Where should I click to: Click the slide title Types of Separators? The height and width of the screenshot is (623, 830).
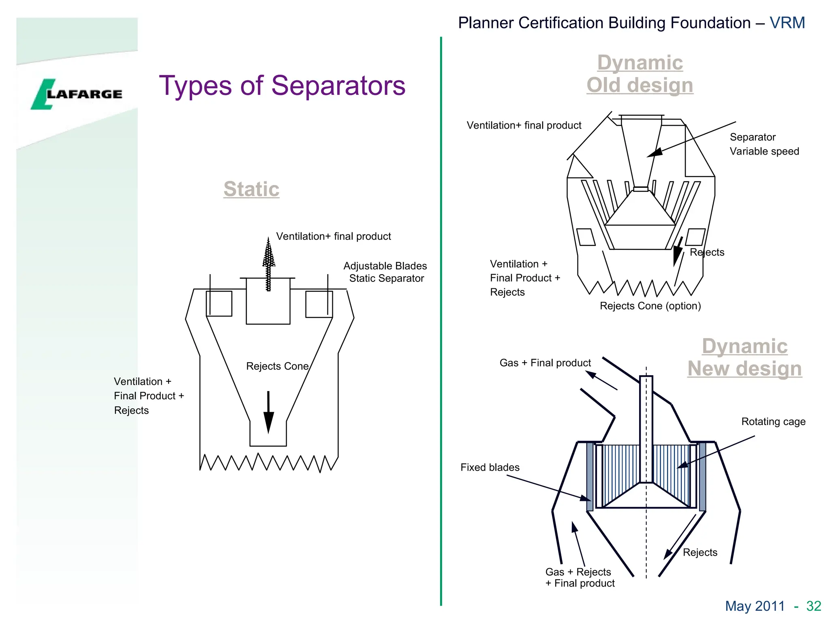pos(282,86)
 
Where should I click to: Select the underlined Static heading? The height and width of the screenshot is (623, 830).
pos(251,189)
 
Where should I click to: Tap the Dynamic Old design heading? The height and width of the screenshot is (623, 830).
pos(640,74)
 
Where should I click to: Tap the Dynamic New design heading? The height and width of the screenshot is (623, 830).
pos(744,357)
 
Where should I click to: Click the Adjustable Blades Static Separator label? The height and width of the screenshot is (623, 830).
pos(385,272)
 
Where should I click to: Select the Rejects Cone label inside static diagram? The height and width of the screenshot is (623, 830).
pos(277,366)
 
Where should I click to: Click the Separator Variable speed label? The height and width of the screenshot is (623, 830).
pos(764,144)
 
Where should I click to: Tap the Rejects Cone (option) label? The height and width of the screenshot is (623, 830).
pos(650,306)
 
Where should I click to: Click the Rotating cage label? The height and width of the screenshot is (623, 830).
pos(773,422)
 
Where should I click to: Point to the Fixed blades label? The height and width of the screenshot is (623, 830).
pos(490,467)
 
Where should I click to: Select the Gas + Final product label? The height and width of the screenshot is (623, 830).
pos(545,363)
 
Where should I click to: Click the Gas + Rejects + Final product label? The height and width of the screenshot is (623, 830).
pos(580,578)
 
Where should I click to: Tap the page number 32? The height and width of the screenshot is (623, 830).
pos(813,606)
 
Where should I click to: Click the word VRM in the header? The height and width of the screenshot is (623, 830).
pos(787,23)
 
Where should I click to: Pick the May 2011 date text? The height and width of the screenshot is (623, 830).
pos(755,606)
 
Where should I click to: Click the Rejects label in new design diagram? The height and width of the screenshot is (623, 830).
pos(700,552)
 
